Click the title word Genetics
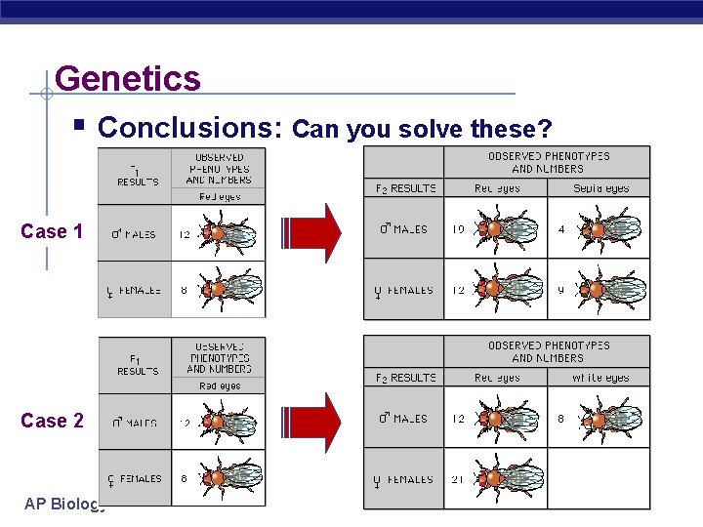point(128,78)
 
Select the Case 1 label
point(52,231)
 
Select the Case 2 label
point(52,421)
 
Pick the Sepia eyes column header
point(600,188)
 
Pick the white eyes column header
point(600,378)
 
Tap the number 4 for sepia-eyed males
point(560,229)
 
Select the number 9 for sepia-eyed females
point(560,290)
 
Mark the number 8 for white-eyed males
point(560,419)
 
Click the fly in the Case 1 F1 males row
point(230,234)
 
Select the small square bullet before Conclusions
point(79,128)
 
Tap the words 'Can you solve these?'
point(422,129)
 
